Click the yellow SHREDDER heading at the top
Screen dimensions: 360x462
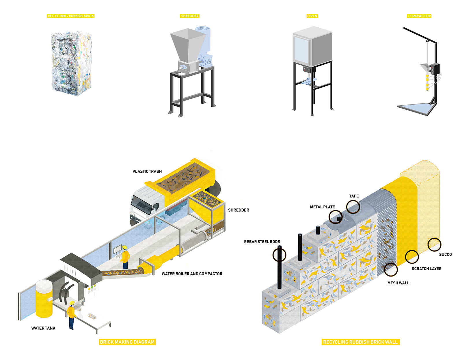point(190,16)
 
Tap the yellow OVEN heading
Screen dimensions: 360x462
point(312,16)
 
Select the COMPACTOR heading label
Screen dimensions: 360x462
point(419,16)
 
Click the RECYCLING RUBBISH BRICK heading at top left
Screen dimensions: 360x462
point(71,16)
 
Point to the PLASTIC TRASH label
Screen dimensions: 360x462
point(147,171)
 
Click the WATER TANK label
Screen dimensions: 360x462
point(43,328)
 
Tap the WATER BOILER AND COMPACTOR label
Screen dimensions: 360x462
point(192,274)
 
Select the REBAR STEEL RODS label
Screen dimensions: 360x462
point(262,242)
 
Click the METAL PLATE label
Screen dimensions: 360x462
point(322,207)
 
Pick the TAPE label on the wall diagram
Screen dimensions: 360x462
point(354,196)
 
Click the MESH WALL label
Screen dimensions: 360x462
point(398,283)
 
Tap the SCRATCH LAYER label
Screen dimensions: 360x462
point(426,269)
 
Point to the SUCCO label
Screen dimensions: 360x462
point(445,255)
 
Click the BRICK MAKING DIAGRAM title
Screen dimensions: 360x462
point(127,342)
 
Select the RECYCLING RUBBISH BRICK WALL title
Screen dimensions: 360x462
point(360,342)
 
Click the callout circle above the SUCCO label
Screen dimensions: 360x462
point(434,245)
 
